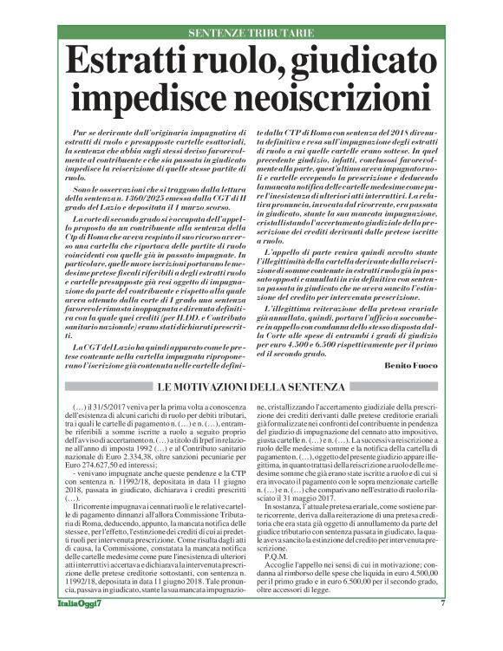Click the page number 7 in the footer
click(442, 628)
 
